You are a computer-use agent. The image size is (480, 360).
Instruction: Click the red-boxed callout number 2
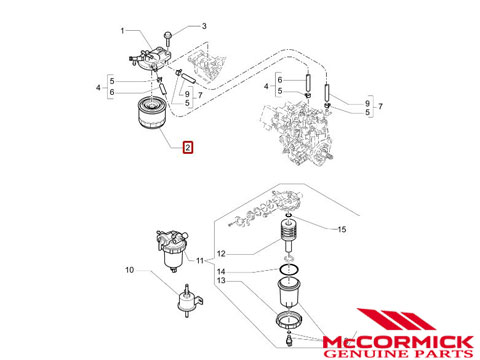coord(188,147)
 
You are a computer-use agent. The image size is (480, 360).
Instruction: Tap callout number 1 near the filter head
coord(122,31)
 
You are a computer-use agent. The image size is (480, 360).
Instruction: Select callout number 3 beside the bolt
coord(204,26)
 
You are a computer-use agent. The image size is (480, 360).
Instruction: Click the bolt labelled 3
coord(168,38)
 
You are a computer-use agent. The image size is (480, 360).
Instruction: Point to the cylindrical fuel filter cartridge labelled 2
coord(151,113)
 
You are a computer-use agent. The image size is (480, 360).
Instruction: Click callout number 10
coord(129,270)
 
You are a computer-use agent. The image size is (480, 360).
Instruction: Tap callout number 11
coord(200,260)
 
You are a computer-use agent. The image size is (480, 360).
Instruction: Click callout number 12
coord(221,254)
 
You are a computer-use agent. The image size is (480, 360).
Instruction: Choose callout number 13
coord(221,280)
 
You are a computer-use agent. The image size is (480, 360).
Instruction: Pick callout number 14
coord(221,272)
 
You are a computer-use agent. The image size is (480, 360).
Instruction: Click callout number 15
coord(342,229)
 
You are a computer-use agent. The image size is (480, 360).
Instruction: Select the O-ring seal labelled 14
coord(289,270)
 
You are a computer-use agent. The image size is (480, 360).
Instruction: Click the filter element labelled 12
coord(289,236)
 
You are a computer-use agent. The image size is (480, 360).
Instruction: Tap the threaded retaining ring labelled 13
coord(289,320)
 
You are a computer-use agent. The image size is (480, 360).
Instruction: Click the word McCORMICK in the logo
coord(398,342)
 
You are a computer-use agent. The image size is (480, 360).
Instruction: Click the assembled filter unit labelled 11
coord(172,251)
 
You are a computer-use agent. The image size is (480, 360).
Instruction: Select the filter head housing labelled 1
coord(150,58)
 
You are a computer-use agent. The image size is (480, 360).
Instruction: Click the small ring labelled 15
coord(289,215)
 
